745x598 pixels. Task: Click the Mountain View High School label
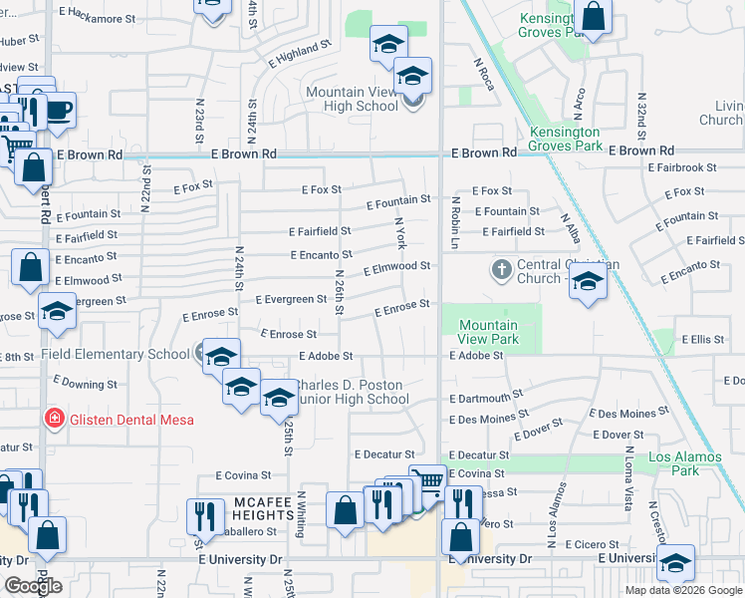tap(352, 99)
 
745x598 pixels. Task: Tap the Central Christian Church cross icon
tap(501, 269)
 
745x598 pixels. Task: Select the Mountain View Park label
tap(488, 332)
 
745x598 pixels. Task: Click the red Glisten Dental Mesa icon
tap(56, 420)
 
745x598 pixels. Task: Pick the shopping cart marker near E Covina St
tap(427, 481)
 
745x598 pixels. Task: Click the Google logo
tap(33, 586)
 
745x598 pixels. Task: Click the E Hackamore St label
tap(97, 18)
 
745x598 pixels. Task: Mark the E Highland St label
tap(299, 54)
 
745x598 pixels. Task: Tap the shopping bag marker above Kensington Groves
tap(593, 16)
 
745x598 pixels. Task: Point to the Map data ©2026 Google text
tap(682, 590)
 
